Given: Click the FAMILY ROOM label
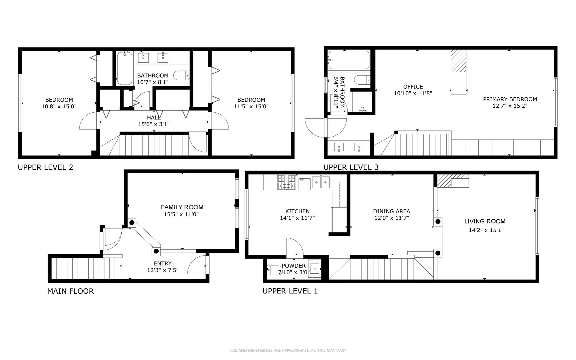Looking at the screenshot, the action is (x=182, y=207).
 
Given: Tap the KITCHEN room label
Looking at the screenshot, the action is (x=297, y=211).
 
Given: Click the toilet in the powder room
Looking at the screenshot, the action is (x=274, y=270).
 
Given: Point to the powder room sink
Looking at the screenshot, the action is (x=314, y=267).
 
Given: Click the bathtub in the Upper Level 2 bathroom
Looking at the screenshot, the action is (x=125, y=68).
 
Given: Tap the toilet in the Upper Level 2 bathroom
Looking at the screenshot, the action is (x=182, y=75).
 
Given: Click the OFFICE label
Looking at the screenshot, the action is (x=413, y=87).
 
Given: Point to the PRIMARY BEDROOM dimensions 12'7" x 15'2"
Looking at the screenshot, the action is (x=510, y=106).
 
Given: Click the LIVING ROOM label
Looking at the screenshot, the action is (x=485, y=221).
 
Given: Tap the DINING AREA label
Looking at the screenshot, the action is (x=391, y=211).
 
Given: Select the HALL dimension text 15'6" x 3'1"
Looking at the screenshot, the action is (x=154, y=124).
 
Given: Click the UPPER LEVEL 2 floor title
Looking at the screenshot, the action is (x=45, y=167).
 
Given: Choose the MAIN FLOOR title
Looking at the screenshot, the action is (x=70, y=291).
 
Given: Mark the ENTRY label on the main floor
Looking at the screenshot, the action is (x=163, y=264).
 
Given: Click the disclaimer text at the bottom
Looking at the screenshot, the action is (x=288, y=350).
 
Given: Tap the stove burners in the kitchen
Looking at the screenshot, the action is (x=287, y=182).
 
